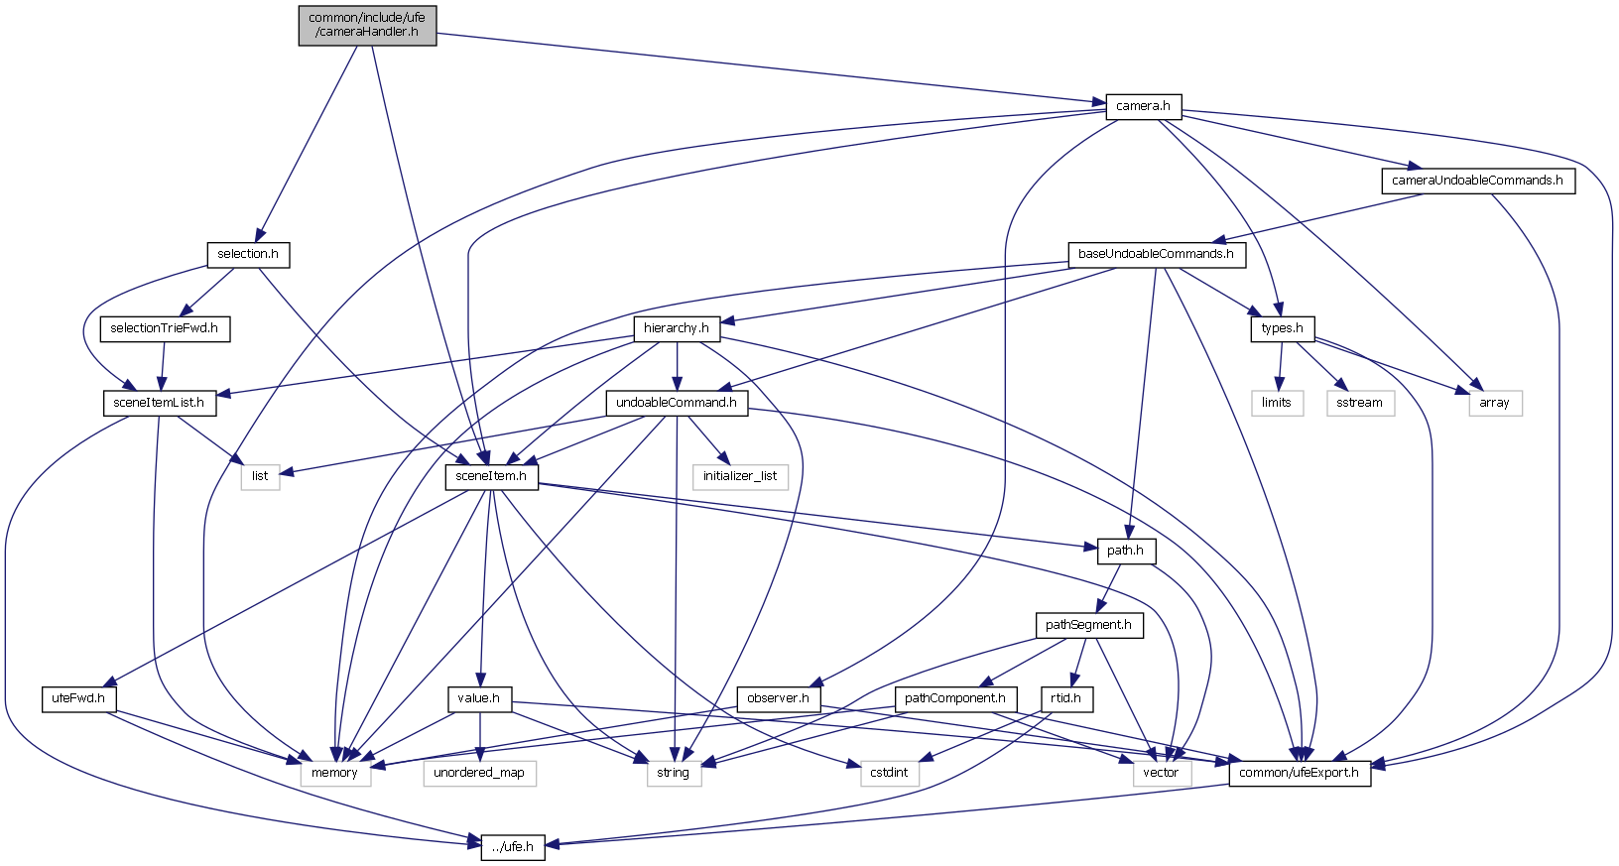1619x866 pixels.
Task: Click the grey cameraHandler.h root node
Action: point(367,25)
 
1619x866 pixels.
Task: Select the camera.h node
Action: point(1143,106)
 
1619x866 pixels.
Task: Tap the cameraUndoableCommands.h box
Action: point(1476,181)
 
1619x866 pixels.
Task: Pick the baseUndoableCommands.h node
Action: point(1156,254)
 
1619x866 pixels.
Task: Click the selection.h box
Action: point(248,254)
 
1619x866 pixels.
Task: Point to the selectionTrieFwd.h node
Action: point(164,328)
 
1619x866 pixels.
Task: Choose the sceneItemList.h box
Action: point(159,403)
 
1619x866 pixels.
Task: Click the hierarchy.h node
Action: point(676,328)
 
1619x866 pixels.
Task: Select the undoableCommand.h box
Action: point(676,403)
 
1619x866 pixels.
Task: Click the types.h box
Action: point(1282,328)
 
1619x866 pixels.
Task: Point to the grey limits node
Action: point(1276,403)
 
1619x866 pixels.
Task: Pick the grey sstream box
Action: point(1359,403)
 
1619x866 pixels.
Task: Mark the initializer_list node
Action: point(740,476)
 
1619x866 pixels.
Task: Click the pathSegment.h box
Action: point(1088,625)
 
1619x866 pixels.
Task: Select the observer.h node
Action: point(778,698)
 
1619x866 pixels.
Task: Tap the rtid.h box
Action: point(1065,698)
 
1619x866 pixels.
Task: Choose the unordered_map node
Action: point(479,773)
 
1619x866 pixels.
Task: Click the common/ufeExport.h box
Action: point(1300,773)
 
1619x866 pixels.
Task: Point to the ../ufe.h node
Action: point(513,847)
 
